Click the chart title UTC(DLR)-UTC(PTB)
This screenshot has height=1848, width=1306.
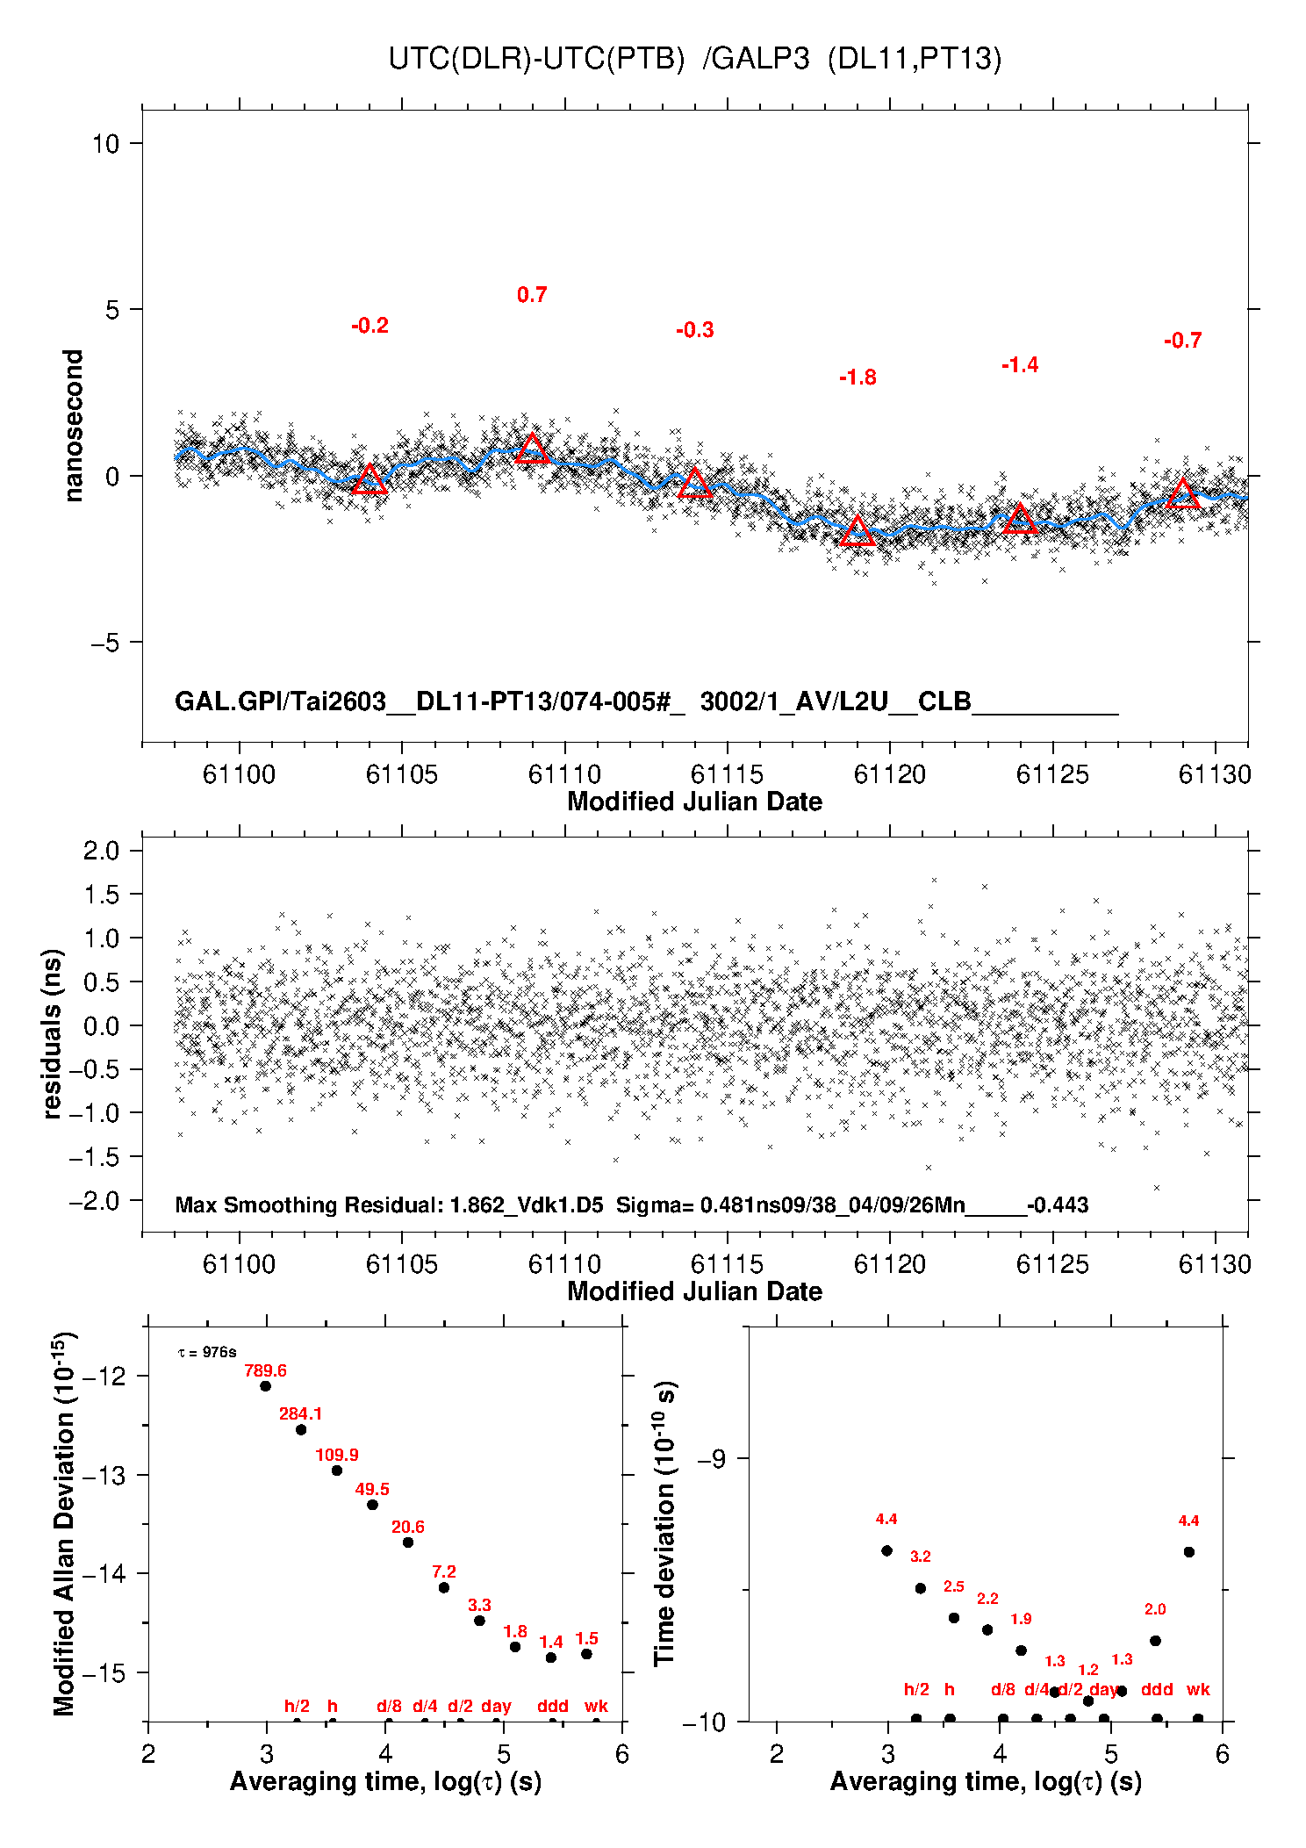click(536, 59)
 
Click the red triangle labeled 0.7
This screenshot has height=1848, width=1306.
click(532, 449)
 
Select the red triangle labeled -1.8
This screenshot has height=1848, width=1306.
click(858, 530)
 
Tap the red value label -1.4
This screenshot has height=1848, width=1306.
click(1020, 365)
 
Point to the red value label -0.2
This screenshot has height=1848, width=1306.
click(370, 326)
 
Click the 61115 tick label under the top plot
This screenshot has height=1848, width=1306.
click(727, 774)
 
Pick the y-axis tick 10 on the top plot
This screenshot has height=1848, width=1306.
click(106, 143)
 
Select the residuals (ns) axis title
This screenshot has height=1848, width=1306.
click(53, 1033)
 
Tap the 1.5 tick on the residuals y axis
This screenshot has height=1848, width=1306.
click(102, 895)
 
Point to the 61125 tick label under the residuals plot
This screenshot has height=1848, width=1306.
click(1052, 1264)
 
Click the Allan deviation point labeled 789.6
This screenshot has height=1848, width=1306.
click(265, 1386)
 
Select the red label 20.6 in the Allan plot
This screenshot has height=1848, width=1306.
click(408, 1527)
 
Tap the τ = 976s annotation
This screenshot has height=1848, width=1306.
click(207, 1352)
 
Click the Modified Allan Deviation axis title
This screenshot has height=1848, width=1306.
click(64, 1523)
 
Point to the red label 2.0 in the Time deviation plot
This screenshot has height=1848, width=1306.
click(1155, 1609)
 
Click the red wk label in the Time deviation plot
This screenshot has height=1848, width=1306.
click(1198, 1689)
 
